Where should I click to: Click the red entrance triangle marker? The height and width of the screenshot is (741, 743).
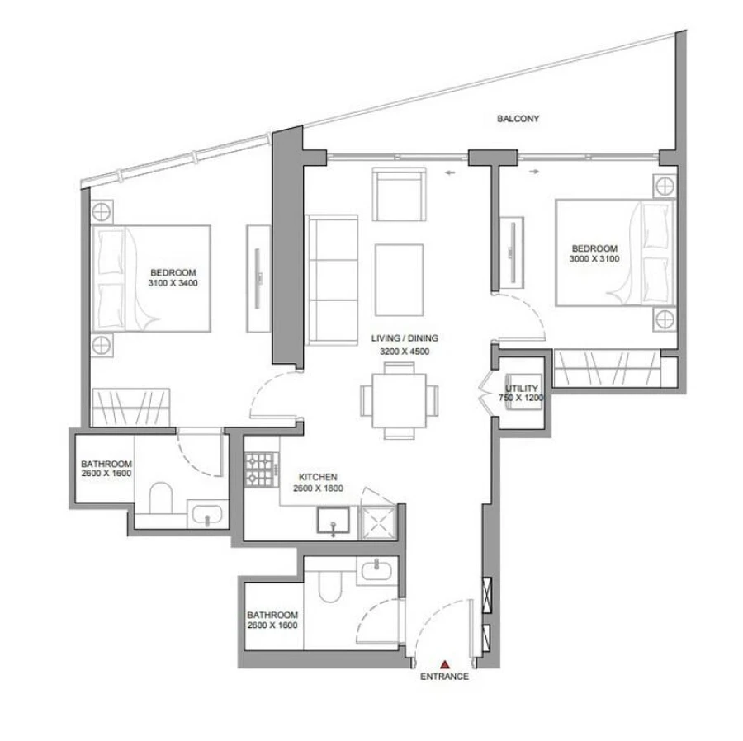[x=445, y=663]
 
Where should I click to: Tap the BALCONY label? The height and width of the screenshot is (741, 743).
[x=518, y=119]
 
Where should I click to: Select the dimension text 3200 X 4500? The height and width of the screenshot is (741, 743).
[x=405, y=352]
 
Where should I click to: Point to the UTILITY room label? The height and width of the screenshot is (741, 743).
[x=522, y=388]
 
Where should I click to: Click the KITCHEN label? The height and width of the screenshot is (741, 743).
[x=318, y=478]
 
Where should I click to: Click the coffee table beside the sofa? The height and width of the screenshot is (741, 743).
[x=400, y=272]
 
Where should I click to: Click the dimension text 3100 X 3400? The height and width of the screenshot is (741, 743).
[x=173, y=283]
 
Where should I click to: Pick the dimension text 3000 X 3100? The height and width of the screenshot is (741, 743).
[x=594, y=259]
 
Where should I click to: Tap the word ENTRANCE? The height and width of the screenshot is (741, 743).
[x=445, y=677]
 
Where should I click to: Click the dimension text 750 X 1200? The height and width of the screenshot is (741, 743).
[x=522, y=399]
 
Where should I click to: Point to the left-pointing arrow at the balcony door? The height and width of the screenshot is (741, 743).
[x=448, y=172]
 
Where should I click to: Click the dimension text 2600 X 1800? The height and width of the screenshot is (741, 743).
[x=318, y=488]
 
